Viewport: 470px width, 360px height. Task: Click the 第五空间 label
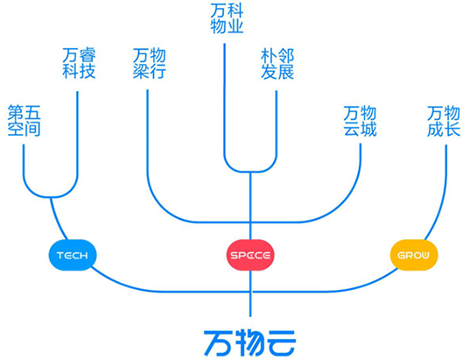click(x=24, y=121)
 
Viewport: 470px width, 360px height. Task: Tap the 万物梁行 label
click(x=149, y=64)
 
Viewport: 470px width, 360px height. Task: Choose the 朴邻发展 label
click(x=277, y=64)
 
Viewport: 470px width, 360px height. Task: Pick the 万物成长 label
click(x=445, y=121)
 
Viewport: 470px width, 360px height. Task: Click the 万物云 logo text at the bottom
click(x=251, y=339)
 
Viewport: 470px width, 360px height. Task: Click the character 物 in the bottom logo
click(x=251, y=339)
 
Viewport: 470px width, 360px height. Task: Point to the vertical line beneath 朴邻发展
click(x=277, y=123)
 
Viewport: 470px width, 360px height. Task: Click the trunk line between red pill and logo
click(x=251, y=293)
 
